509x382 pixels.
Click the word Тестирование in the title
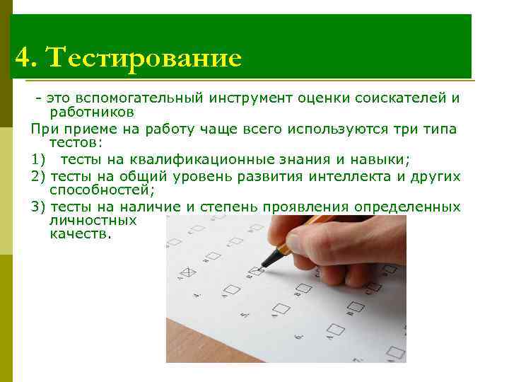(144, 57)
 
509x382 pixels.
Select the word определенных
(407, 207)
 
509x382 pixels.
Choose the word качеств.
(80, 234)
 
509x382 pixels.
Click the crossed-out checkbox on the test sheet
(188, 272)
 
